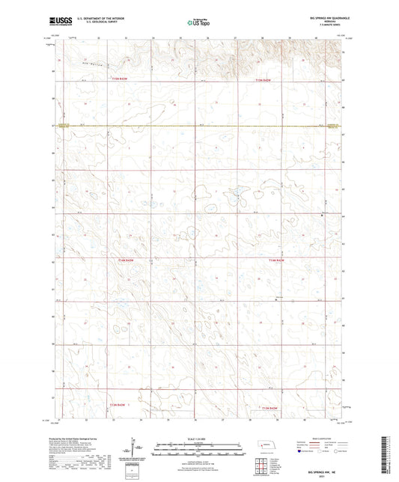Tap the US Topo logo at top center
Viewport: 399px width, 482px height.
click(x=199, y=22)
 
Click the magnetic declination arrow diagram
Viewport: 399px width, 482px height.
click(x=141, y=448)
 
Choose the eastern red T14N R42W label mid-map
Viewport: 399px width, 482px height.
click(x=278, y=260)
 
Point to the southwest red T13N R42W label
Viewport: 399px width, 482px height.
click(x=119, y=406)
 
